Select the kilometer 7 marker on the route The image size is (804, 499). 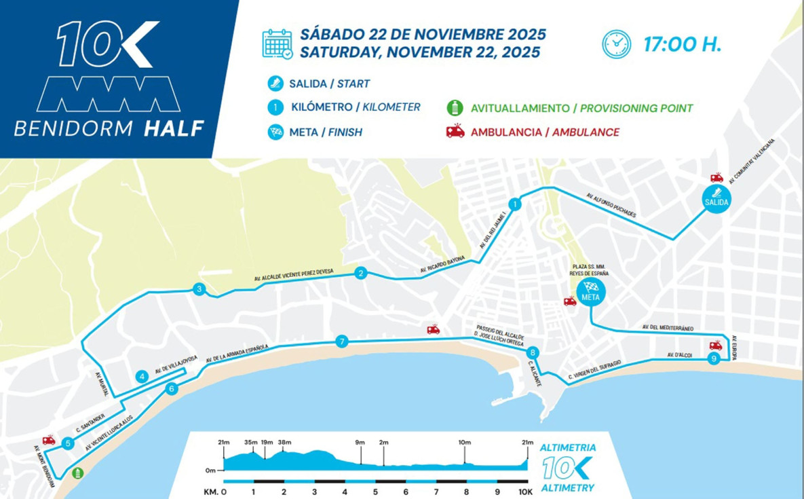coord(342,342)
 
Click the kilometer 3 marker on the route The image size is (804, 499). coord(199,289)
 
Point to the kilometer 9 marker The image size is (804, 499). coord(712,360)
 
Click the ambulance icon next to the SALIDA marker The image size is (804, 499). coord(716,178)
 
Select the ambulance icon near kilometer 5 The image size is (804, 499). coord(48,440)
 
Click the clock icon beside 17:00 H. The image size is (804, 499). coord(616,44)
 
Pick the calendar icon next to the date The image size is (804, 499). coord(277,43)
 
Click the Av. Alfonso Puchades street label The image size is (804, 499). coord(611,205)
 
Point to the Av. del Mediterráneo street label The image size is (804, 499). coord(668,328)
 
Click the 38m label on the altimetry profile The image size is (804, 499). coord(284,443)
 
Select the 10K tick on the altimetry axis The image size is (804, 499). coord(525,492)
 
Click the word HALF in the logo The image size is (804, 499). coord(174,128)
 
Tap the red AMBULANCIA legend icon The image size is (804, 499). coord(455,131)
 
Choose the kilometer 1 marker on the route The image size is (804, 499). coord(515,204)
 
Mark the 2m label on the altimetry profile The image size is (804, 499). coord(384,443)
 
